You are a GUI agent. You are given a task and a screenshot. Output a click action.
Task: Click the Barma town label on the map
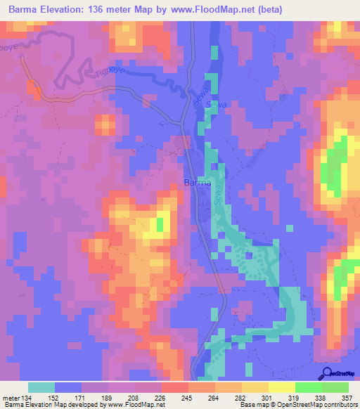coord(196,182)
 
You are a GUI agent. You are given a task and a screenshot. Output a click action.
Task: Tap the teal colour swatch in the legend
coord(41,387)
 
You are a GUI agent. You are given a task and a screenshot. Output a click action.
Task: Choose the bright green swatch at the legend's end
coord(335,387)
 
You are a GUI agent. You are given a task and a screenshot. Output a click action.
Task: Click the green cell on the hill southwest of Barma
coord(160,224)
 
